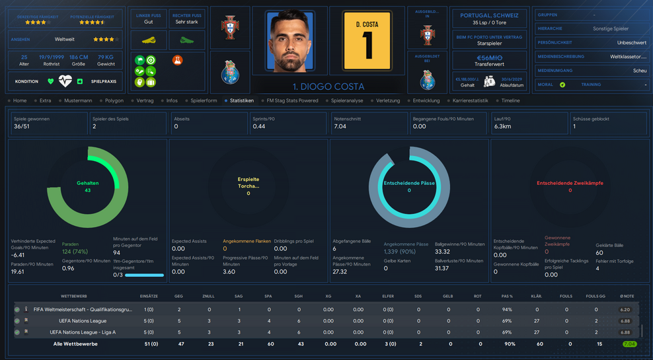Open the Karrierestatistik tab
(x=470, y=100)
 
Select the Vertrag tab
(x=145, y=100)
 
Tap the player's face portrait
(x=293, y=41)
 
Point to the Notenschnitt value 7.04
(x=340, y=126)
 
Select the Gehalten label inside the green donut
(x=88, y=182)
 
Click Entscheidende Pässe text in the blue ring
(x=408, y=183)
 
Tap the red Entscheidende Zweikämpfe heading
(x=570, y=183)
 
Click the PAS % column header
(x=507, y=297)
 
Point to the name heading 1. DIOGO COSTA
(x=328, y=87)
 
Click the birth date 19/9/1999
(x=51, y=57)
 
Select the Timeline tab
(x=510, y=100)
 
